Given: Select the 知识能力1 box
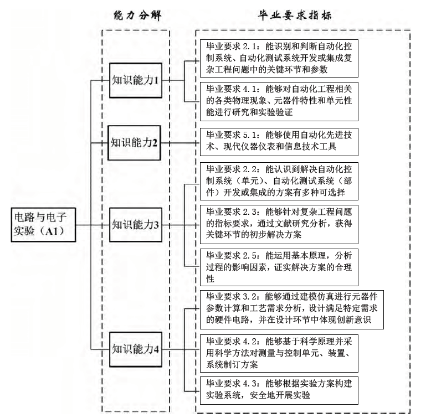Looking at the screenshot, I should tap(136, 80).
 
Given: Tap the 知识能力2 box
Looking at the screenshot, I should tap(136, 142).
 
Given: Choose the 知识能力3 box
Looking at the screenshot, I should tap(136, 225).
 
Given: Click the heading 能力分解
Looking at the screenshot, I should tap(136, 15).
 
